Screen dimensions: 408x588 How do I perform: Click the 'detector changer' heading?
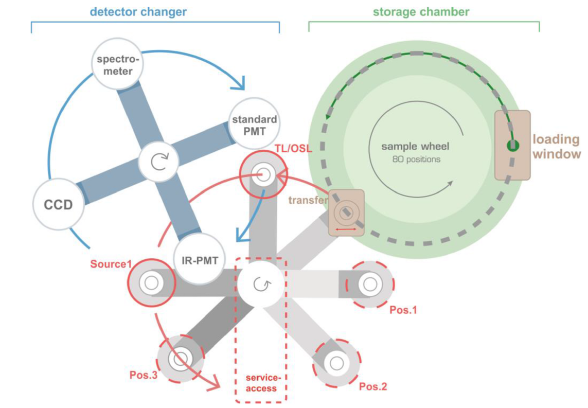click(x=138, y=11)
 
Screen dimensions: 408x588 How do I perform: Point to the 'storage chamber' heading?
click(x=421, y=11)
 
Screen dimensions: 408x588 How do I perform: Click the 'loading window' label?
click(x=556, y=147)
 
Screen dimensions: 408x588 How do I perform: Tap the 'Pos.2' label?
click(x=373, y=386)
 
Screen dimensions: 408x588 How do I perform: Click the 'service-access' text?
click(x=261, y=384)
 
